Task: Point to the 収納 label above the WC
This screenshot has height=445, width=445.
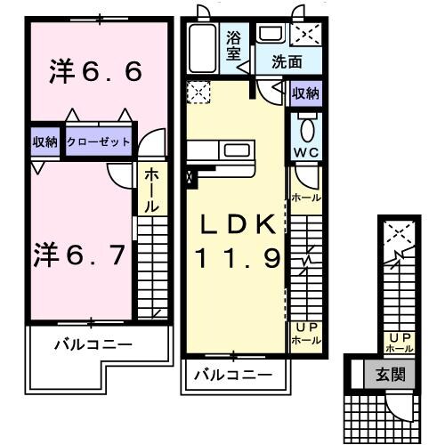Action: point(306,93)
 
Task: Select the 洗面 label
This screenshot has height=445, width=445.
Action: point(287,62)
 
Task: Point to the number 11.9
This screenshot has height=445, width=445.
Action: point(239,259)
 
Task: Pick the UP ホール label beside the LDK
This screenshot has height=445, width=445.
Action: point(306,334)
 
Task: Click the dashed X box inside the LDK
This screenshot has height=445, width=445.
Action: point(198,92)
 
